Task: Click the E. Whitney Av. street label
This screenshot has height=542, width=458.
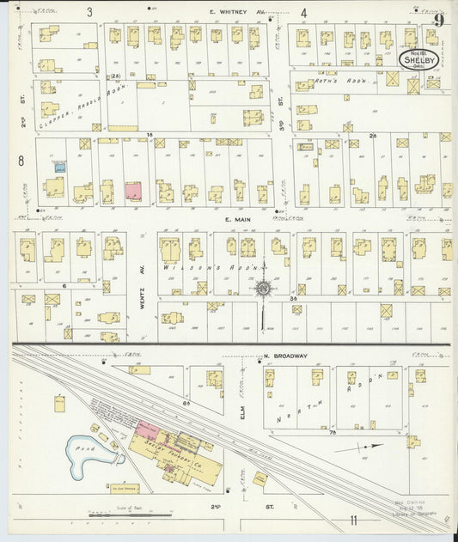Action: pyautogui.click(x=238, y=13)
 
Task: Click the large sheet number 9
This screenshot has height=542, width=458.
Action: pyautogui.click(x=438, y=20)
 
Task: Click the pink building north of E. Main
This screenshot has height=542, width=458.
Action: pyautogui.click(x=133, y=191)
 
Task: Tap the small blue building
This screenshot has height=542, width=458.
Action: pyautogui.click(x=59, y=168)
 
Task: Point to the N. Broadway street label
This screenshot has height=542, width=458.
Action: pyautogui.click(x=262, y=353)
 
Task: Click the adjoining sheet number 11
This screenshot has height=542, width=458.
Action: pyautogui.click(x=353, y=521)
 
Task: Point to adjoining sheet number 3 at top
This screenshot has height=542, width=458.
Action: pyautogui.click(x=89, y=12)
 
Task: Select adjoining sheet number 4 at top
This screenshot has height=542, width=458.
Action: pyautogui.click(x=304, y=13)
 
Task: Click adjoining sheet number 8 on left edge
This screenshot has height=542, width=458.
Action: pyautogui.click(x=20, y=160)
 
